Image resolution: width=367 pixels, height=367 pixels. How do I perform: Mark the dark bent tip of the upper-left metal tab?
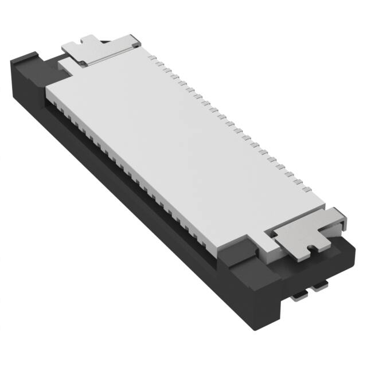coord(136,41)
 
